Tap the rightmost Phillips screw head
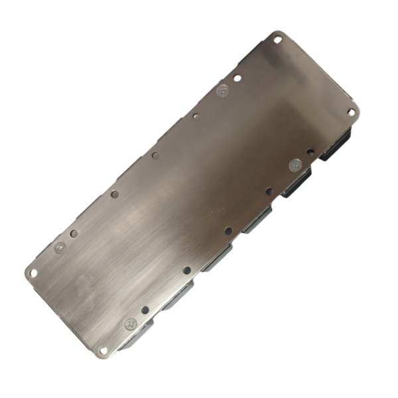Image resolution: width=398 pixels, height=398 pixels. point(296,165)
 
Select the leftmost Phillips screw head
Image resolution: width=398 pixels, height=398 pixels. point(60,247)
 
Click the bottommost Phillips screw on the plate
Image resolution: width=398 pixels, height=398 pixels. point(131,324)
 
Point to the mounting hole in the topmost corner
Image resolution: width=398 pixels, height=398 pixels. point(277,40)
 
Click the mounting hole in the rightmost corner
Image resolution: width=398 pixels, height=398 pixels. point(352,112)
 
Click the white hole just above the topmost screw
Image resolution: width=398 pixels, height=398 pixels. point(237,78)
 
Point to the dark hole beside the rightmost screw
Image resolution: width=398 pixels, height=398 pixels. point(310,152)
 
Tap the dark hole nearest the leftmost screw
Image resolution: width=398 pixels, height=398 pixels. point(74,233)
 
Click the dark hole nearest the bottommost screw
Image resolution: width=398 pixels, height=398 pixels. point(145,309)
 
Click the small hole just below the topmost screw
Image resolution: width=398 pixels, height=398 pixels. point(196,115)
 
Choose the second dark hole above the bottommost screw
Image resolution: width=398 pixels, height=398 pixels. point(187,270)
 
